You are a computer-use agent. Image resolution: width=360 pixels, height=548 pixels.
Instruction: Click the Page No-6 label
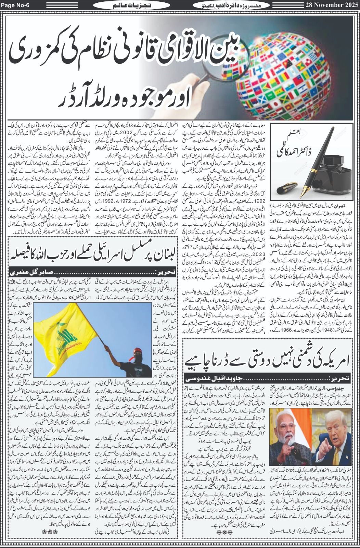tap(13, 4)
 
